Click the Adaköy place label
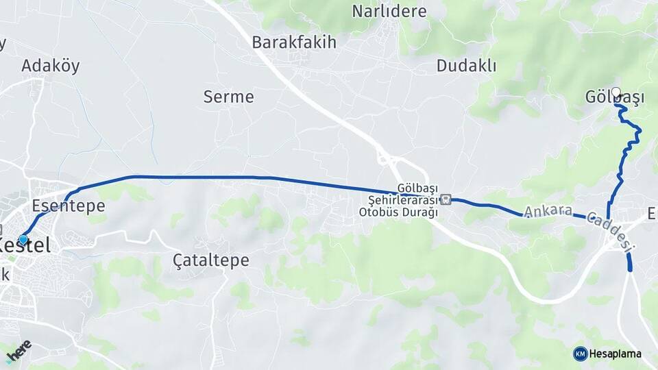[x=51, y=66]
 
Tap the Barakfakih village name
[x=294, y=42]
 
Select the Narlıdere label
[x=389, y=12]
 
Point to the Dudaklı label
[x=466, y=66]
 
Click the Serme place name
[x=228, y=97]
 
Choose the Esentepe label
[x=69, y=206]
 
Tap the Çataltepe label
[x=211, y=260]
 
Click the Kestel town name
[x=27, y=245]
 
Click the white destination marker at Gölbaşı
[x=616, y=92]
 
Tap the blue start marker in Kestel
[x=23, y=239]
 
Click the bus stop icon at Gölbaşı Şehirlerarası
[x=446, y=199]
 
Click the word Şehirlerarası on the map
[x=398, y=200]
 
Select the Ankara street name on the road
[x=548, y=212]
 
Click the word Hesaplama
[x=616, y=354]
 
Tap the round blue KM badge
[x=580, y=354]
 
